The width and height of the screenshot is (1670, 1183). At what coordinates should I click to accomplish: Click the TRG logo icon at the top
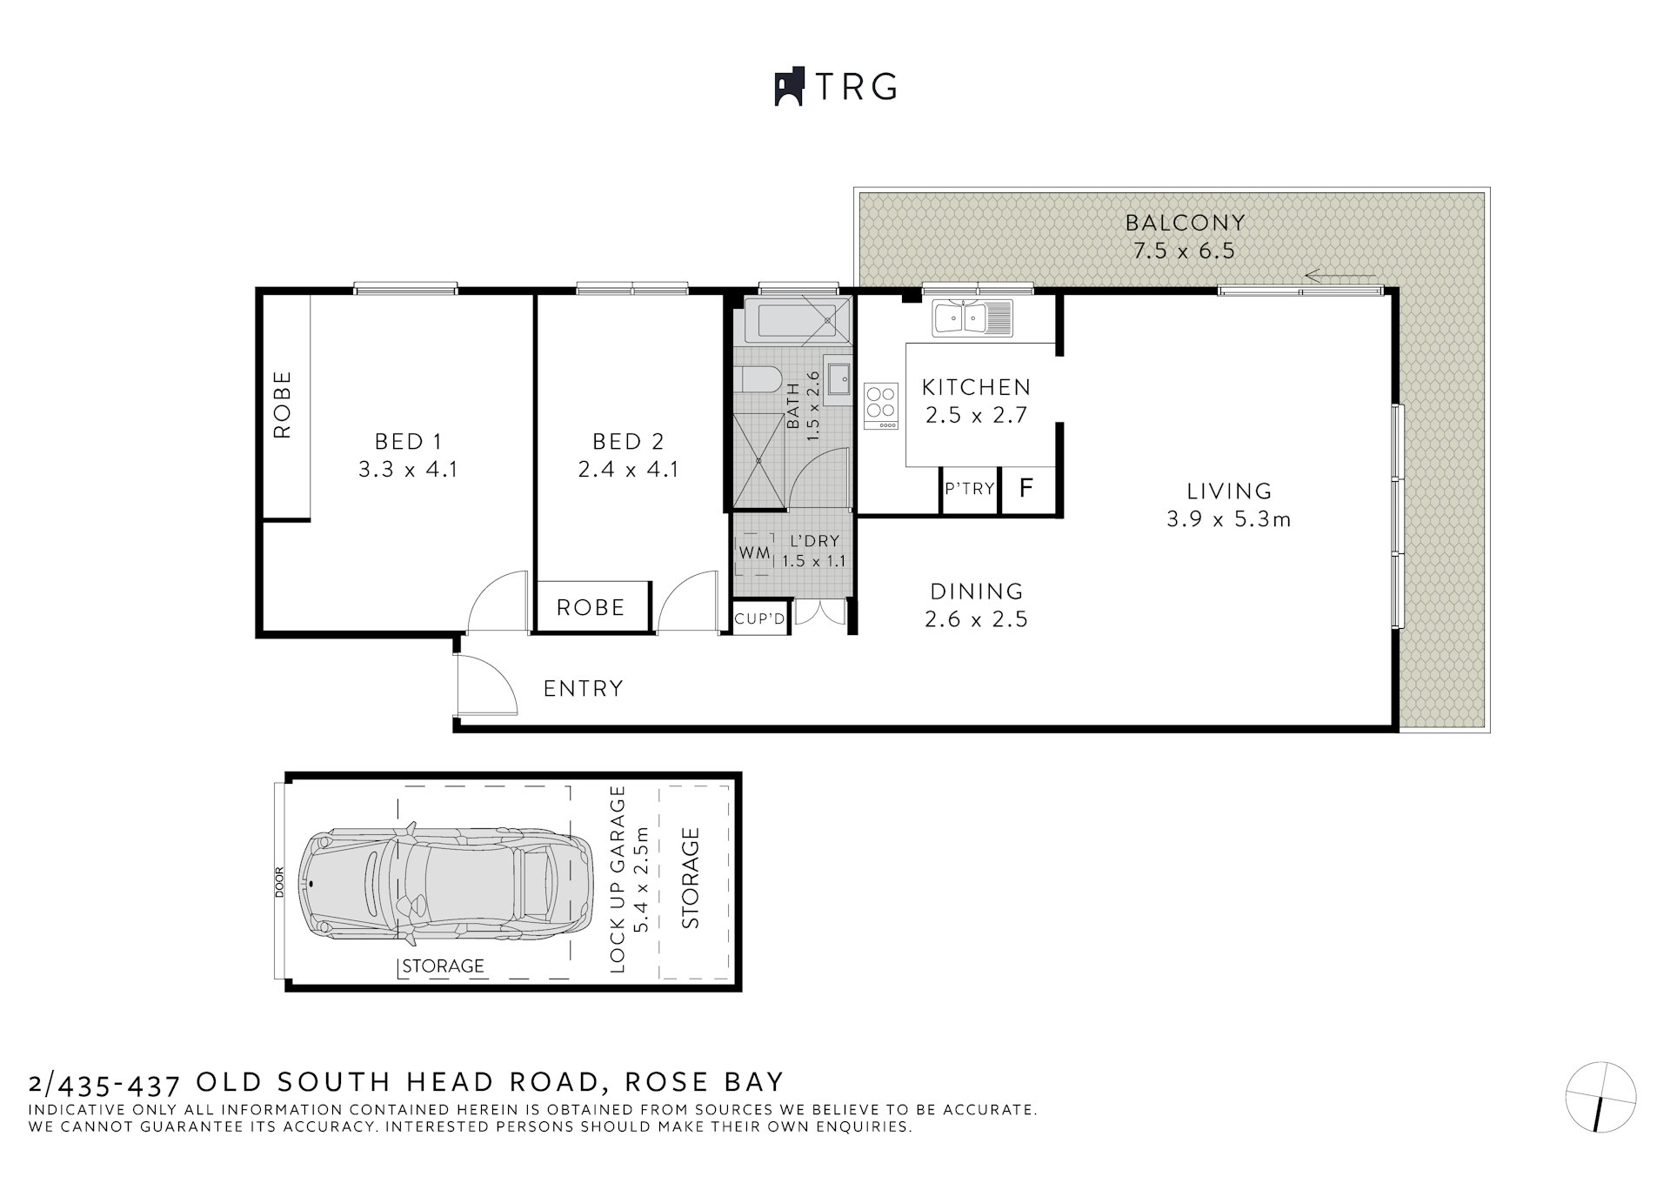tap(787, 87)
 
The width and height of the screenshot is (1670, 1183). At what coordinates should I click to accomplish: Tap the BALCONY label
tap(1185, 223)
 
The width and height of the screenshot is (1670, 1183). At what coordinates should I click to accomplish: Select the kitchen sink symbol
tap(972, 317)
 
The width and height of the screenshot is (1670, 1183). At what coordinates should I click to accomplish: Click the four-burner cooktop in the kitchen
tap(880, 405)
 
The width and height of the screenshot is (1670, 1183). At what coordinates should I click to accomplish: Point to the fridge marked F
tap(1026, 488)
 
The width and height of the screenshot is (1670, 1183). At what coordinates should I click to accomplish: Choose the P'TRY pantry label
tap(969, 489)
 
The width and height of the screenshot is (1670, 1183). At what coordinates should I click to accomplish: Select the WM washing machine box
tap(754, 552)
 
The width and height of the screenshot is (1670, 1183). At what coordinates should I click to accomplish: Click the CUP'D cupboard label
tap(759, 619)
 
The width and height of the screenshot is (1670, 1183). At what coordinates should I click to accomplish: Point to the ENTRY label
tap(583, 689)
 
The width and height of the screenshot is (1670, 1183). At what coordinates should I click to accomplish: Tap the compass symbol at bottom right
tap(1600, 1097)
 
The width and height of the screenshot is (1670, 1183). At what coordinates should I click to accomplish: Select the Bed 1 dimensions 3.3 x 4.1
tap(408, 470)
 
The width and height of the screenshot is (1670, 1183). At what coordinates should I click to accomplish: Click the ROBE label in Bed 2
tap(591, 607)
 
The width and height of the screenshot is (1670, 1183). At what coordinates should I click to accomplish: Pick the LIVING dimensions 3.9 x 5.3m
tap(1228, 519)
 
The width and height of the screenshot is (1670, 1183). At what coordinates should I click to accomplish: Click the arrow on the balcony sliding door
tap(1339, 277)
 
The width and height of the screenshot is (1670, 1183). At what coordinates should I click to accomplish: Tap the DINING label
tap(977, 591)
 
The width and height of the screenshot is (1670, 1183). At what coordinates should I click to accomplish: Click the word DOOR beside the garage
tap(279, 882)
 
